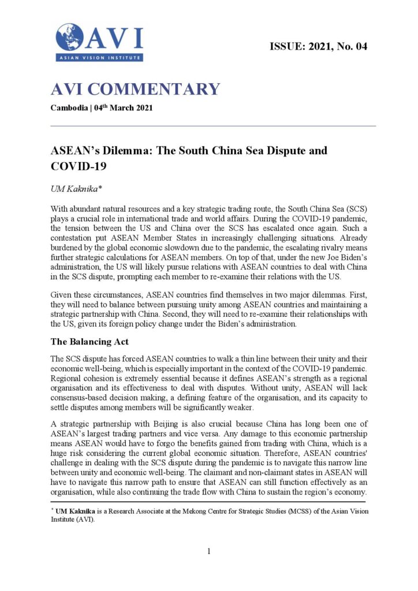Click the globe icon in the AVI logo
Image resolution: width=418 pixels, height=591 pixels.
click(x=70, y=37)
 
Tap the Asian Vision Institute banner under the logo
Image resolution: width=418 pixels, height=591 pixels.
click(x=99, y=57)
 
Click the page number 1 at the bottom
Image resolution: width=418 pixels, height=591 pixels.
click(x=209, y=552)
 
